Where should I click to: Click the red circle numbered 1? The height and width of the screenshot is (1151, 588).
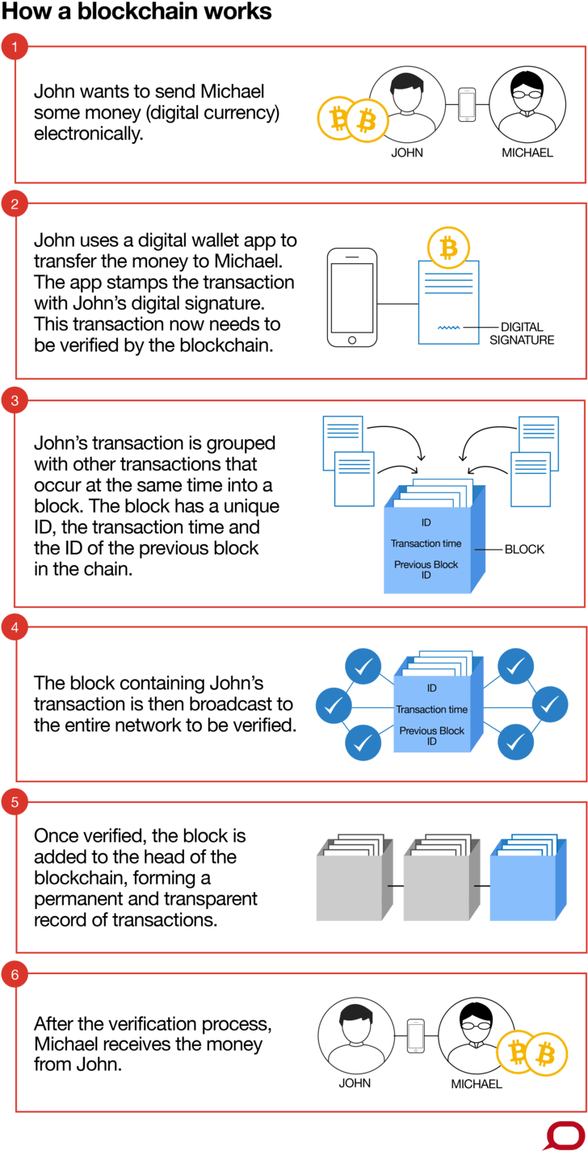click(15, 48)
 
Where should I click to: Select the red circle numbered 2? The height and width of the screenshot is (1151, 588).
click(15, 204)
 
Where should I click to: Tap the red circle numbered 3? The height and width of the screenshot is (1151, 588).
click(15, 401)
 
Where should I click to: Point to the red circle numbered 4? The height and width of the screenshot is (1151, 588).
click(15, 626)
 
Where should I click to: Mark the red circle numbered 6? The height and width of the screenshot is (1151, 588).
click(15, 975)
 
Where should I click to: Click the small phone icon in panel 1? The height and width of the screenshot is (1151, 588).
click(467, 105)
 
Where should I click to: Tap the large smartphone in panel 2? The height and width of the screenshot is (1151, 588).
click(352, 298)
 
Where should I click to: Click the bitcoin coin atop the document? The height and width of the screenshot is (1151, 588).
click(448, 247)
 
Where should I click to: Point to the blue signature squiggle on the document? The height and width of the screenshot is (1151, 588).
click(448, 328)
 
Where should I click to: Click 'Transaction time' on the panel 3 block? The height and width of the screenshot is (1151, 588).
click(426, 544)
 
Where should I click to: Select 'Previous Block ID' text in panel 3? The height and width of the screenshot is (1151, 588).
click(426, 570)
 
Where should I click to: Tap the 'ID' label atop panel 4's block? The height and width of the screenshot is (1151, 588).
click(432, 689)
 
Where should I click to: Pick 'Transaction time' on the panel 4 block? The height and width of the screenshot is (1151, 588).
click(432, 709)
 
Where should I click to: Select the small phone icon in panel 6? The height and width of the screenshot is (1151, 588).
click(415, 1036)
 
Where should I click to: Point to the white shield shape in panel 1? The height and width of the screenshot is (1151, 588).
click(407, 98)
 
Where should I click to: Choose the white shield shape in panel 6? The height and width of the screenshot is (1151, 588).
click(356, 1029)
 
